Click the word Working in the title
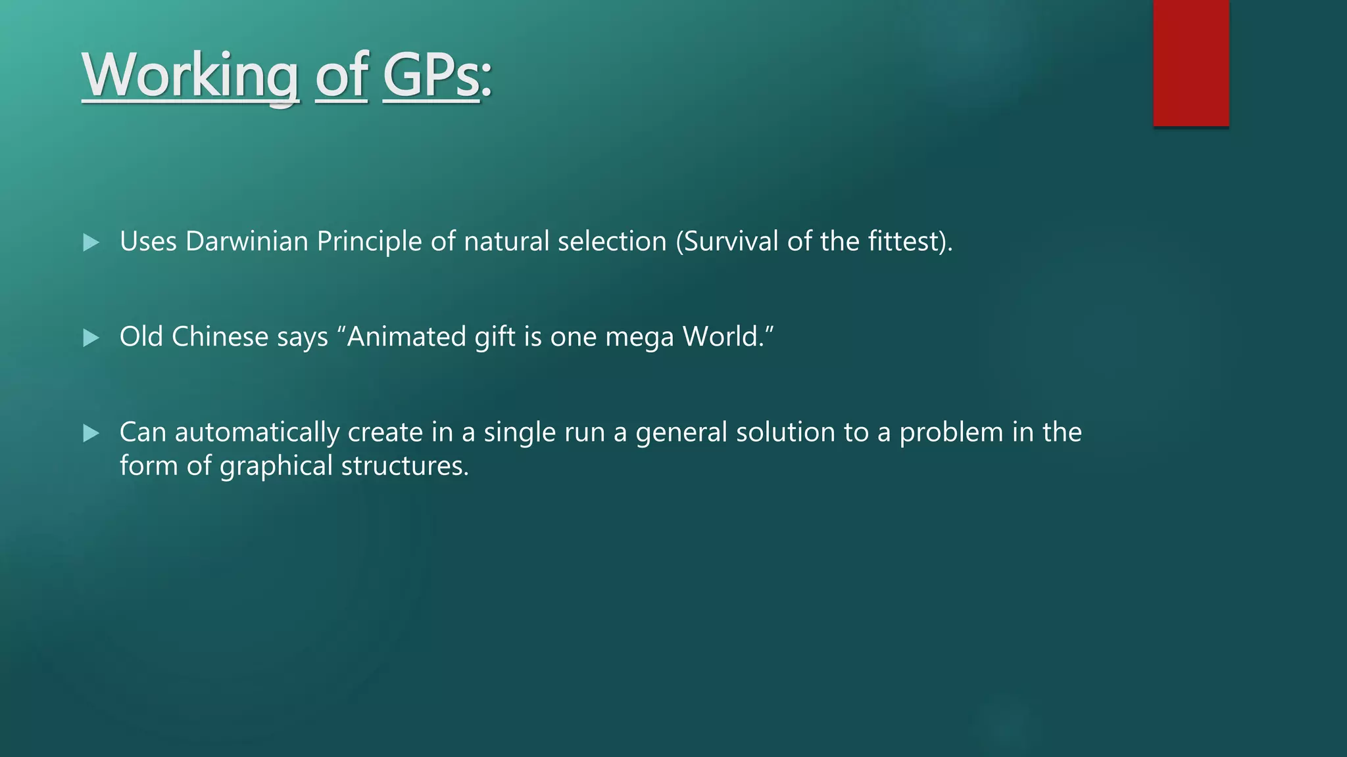coord(190,76)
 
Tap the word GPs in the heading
coord(431,76)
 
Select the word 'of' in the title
coord(341,76)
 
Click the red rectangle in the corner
coord(1190,62)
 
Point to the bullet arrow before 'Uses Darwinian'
coord(91,242)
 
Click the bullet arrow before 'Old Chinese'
coord(91,338)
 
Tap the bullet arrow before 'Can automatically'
coord(91,433)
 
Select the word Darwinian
coord(247,241)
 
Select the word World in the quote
coord(720,336)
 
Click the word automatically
coord(257,432)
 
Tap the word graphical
coord(276,466)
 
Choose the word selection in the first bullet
coord(612,241)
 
